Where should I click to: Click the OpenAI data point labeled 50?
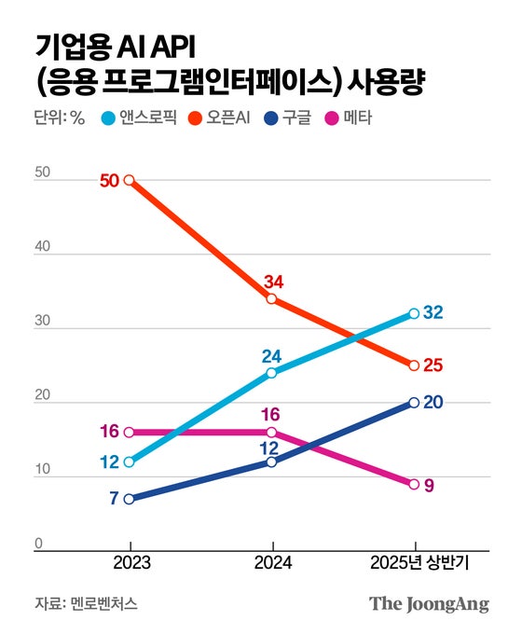click(129, 180)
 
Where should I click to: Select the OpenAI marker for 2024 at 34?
click(271, 299)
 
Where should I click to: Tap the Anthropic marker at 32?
click(414, 313)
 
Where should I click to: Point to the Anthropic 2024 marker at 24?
click(271, 373)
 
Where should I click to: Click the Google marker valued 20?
click(414, 403)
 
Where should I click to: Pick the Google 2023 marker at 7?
click(129, 499)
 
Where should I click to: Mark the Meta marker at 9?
click(414, 484)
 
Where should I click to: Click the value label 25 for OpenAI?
click(433, 365)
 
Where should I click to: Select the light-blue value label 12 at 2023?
click(109, 463)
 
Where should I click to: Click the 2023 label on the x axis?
click(129, 564)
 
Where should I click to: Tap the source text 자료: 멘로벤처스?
click(85, 603)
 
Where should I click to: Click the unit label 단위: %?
click(59, 118)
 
